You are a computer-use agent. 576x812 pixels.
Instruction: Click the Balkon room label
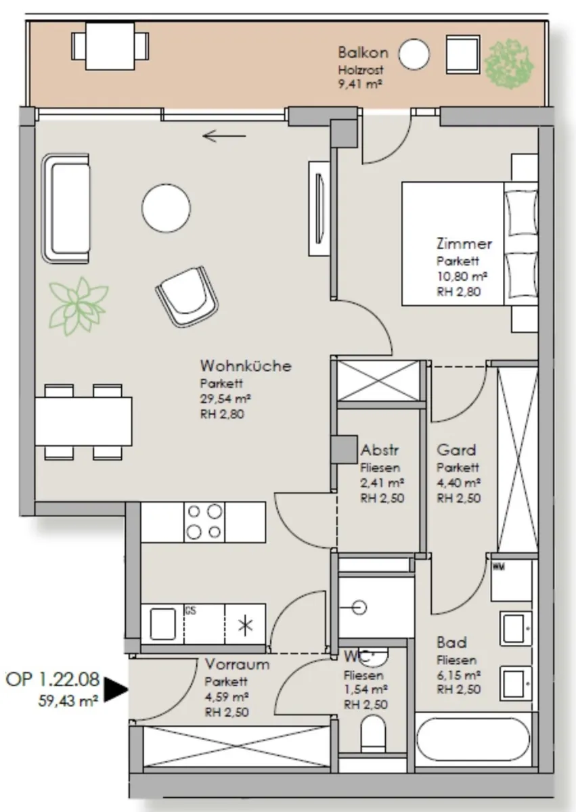click(363, 53)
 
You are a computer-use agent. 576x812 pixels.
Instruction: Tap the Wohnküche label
click(246, 366)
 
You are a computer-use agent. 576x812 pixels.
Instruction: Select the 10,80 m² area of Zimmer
click(462, 276)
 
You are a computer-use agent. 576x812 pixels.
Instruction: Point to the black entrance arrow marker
click(116, 689)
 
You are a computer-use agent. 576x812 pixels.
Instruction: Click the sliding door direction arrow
click(224, 136)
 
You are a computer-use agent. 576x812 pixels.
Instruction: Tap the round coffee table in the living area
click(166, 208)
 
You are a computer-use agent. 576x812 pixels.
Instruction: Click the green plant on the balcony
click(509, 64)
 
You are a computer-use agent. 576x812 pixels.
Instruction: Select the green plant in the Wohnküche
click(79, 307)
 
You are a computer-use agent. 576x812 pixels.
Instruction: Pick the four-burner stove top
click(204, 522)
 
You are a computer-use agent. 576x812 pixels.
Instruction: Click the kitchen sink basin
click(162, 625)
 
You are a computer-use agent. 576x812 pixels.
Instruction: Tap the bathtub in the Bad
click(473, 740)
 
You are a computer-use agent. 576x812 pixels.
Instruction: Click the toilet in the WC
click(374, 734)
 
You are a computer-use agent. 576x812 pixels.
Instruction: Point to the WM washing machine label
click(499, 567)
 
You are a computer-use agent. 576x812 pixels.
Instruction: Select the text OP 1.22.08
click(52, 679)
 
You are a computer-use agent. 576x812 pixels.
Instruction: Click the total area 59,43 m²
click(68, 702)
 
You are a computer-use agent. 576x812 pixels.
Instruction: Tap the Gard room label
click(456, 450)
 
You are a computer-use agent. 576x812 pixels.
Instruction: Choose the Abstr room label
click(380, 450)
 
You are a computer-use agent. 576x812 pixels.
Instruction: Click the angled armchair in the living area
click(187, 297)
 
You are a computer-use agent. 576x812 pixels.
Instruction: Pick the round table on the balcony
click(414, 53)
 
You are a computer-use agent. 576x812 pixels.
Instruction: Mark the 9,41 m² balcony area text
click(360, 84)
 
